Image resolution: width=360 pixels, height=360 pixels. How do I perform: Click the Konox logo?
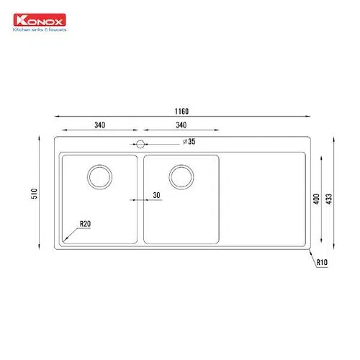pos(40,20)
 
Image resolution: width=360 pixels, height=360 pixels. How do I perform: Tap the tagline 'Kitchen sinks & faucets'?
pos(40,30)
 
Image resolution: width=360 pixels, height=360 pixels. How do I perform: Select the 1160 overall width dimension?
pos(181,112)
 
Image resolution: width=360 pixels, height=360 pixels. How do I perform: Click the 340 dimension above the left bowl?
pos(99,125)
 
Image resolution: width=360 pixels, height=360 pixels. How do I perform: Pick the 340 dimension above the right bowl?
pos(181,125)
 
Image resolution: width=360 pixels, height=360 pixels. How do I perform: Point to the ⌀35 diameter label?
pos(189,142)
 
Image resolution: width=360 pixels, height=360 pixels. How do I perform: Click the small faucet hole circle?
pos(140,144)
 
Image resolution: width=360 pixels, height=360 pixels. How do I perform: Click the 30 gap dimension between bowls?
pos(156,195)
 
